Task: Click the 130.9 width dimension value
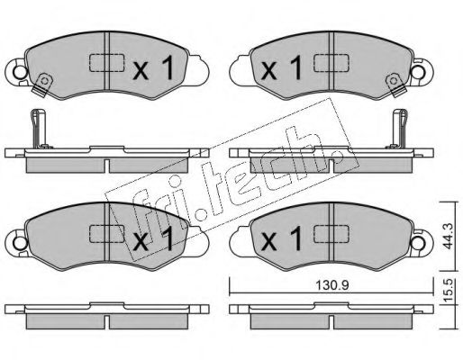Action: tap(331, 285)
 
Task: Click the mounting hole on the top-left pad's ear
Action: tap(20, 72)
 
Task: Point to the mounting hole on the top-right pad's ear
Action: tap(419, 71)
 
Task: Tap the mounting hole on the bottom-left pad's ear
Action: tap(20, 243)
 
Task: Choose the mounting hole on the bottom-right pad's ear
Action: tap(419, 242)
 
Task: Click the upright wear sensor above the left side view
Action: tap(39, 129)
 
